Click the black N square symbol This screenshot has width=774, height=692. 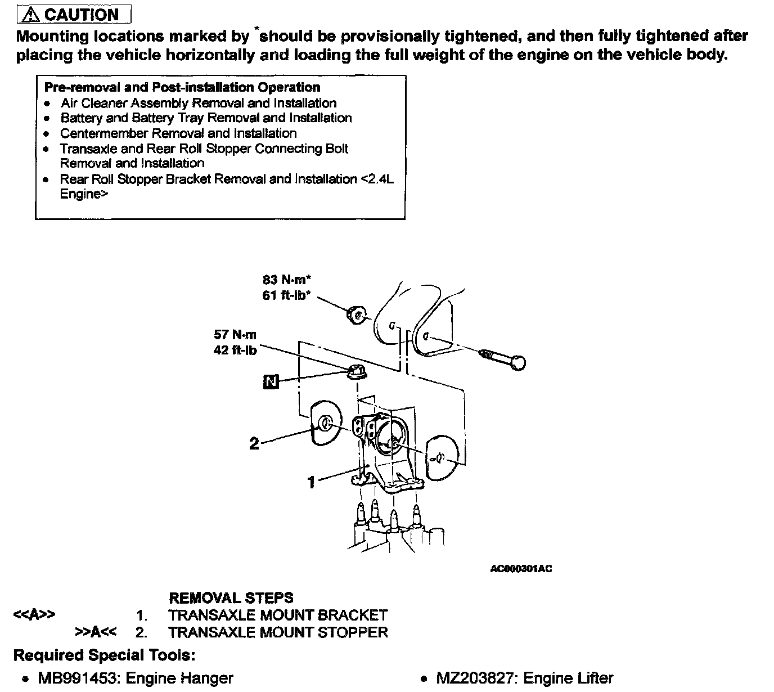pyautogui.click(x=271, y=382)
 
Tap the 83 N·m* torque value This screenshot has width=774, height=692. pyautogui.click(x=287, y=279)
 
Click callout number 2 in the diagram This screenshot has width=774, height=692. pyautogui.click(x=254, y=443)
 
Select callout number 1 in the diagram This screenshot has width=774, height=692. pyautogui.click(x=311, y=482)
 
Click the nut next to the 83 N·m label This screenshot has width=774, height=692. pyautogui.click(x=356, y=315)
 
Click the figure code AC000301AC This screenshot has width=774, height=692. pyautogui.click(x=521, y=569)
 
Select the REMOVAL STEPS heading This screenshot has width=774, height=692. pyautogui.click(x=231, y=597)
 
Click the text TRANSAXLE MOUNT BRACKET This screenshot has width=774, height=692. pyautogui.click(x=278, y=615)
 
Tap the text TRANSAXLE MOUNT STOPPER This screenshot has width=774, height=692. pyautogui.click(x=278, y=632)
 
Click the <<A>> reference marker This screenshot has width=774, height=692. pyautogui.click(x=34, y=615)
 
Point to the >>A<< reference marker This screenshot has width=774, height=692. pyautogui.click(x=96, y=632)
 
